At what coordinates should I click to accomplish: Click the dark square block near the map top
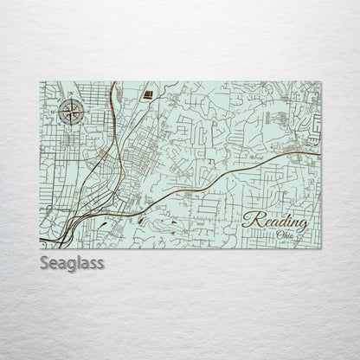[x=147, y=93]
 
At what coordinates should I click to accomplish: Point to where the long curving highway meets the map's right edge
[x=320, y=157]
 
